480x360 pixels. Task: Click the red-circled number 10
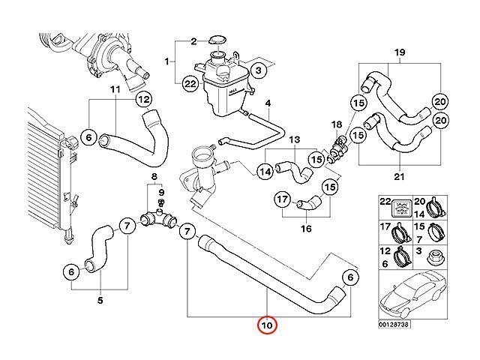tap(267, 326)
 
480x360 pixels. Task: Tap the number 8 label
tap(154, 178)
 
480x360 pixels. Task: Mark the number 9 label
tap(160, 191)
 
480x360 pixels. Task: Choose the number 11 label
tap(115, 91)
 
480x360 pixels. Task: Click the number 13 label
tap(295, 140)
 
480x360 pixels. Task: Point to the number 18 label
tap(337, 124)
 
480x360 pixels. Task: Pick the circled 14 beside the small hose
tap(265, 172)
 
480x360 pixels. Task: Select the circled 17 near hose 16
tap(281, 200)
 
